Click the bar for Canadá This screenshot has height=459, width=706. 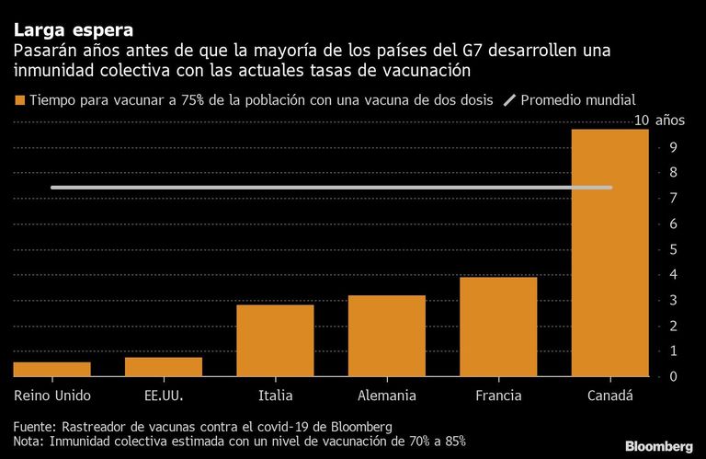(610, 253)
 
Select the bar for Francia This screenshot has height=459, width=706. (498, 327)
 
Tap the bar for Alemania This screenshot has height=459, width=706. (387, 336)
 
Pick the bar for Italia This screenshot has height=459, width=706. (275, 340)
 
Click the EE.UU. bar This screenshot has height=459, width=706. (164, 367)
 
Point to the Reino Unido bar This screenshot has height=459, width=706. (51, 370)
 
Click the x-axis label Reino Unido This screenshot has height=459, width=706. (52, 396)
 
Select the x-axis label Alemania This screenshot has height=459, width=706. (387, 396)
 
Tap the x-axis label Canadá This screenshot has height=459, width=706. (610, 396)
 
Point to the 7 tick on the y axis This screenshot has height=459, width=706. (673, 198)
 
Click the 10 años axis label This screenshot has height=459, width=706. (659, 120)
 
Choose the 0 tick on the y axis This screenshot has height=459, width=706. (673, 376)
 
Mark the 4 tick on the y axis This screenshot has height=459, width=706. (673, 274)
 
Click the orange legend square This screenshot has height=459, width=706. (19, 100)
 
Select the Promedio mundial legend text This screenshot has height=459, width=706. (578, 100)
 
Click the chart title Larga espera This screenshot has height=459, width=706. (74, 30)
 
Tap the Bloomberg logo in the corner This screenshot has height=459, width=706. (659, 446)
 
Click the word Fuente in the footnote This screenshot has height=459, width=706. (34, 427)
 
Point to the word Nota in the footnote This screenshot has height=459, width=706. (28, 441)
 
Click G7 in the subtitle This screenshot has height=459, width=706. (472, 51)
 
